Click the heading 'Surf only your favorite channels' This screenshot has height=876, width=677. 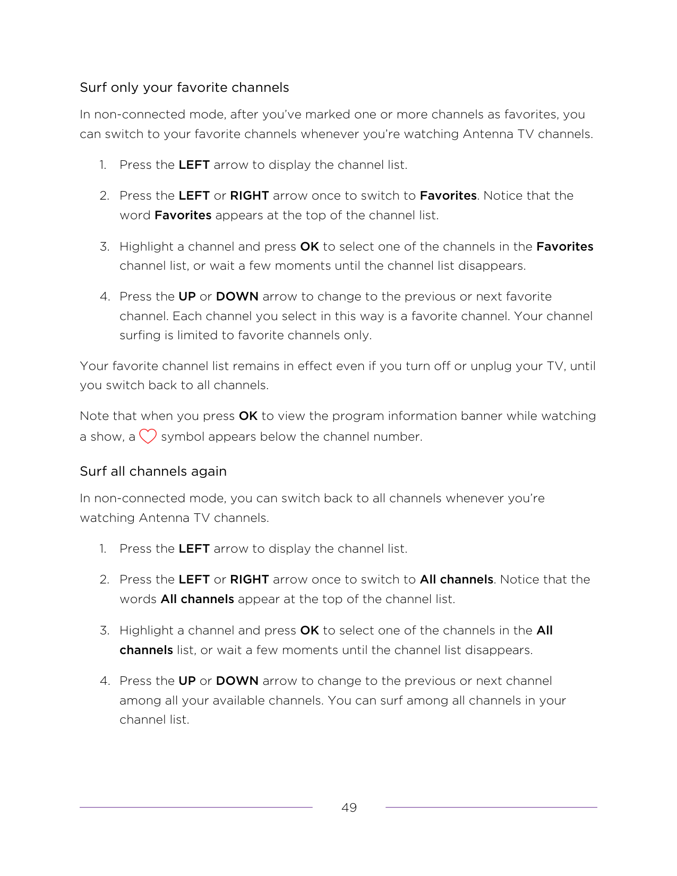click(184, 88)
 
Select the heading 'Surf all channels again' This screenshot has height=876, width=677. click(153, 471)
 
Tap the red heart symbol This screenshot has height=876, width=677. click(148, 436)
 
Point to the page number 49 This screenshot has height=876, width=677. click(349, 808)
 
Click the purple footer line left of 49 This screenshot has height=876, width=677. click(196, 808)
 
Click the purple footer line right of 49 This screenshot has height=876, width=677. click(491, 808)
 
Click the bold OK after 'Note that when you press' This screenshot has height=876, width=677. click(248, 416)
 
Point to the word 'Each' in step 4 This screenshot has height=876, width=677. click(187, 316)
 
